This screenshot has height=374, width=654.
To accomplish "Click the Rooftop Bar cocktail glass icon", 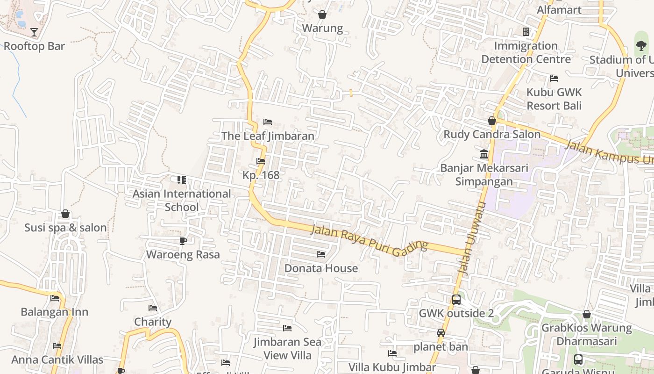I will (x=34, y=32).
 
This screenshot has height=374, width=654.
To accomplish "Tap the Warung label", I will (x=322, y=28).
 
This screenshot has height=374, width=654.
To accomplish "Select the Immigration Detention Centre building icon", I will (x=526, y=32).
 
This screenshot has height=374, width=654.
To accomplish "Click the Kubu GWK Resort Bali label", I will (x=554, y=99).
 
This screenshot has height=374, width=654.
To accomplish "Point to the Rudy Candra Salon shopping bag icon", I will (x=492, y=121).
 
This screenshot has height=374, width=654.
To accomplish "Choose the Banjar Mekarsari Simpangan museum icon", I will (x=484, y=154).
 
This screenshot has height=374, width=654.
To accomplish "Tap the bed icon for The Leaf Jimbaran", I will (x=268, y=122).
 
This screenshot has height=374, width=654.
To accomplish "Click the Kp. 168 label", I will (x=261, y=175).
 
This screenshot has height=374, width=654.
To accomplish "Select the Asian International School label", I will (x=182, y=200).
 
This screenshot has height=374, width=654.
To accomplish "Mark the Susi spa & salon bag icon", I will (x=65, y=214).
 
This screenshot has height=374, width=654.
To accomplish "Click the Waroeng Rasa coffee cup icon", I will (x=183, y=241).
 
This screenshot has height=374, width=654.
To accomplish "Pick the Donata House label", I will (x=321, y=268).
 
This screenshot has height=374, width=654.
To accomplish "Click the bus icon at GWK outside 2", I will (x=456, y=300).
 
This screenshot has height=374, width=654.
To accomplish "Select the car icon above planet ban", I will (x=441, y=333).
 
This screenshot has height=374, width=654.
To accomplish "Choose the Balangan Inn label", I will (x=55, y=312).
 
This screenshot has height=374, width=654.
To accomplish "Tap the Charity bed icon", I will (x=153, y=308).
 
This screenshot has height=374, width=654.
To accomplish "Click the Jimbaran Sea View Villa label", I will (x=287, y=349).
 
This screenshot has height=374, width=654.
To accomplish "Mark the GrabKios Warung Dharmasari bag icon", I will (x=587, y=314).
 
